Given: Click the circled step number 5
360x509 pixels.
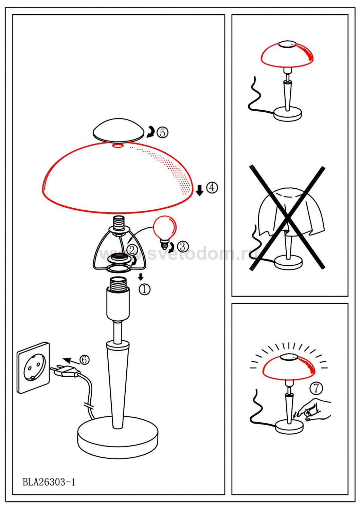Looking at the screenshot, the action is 163,132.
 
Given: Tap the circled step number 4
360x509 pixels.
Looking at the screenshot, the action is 212,188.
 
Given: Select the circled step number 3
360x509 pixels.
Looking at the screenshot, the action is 183,246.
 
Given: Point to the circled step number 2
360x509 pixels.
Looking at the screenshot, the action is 132,250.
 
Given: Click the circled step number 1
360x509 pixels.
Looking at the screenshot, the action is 145,289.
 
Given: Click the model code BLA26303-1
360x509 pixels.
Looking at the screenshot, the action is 49,481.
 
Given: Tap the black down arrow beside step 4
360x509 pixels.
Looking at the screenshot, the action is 200,190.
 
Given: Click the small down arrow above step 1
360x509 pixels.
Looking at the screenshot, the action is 141,277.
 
